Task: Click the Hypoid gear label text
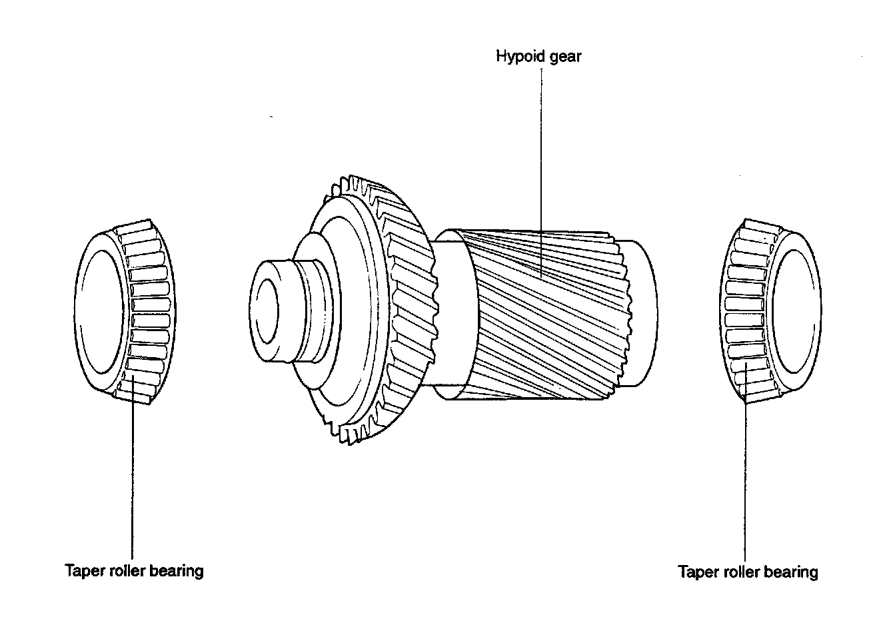click(x=538, y=56)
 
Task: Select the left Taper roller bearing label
click(x=134, y=571)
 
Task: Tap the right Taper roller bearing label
click(x=748, y=572)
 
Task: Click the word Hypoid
click(x=516, y=56)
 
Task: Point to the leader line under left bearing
click(x=133, y=480)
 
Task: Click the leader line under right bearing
click(x=745, y=480)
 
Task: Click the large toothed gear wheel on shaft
click(x=373, y=313)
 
